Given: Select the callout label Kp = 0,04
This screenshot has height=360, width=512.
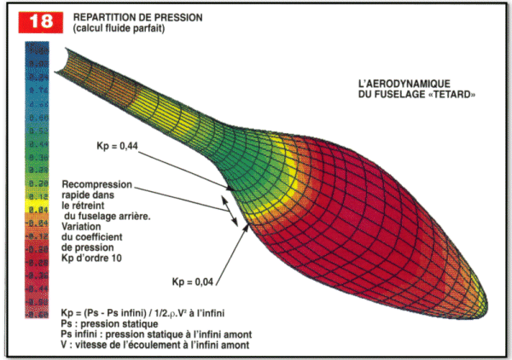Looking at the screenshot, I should [188, 281].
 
